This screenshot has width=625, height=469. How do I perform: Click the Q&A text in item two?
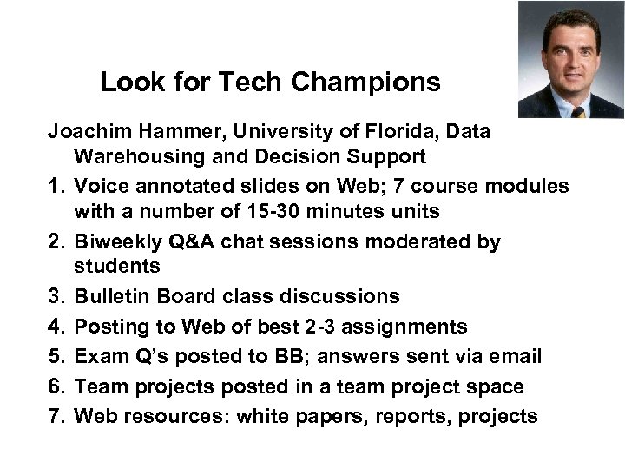[197, 241]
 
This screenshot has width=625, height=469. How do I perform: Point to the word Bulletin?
[110, 297]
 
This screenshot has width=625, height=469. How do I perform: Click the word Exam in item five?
[97, 356]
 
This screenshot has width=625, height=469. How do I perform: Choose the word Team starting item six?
[97, 386]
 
